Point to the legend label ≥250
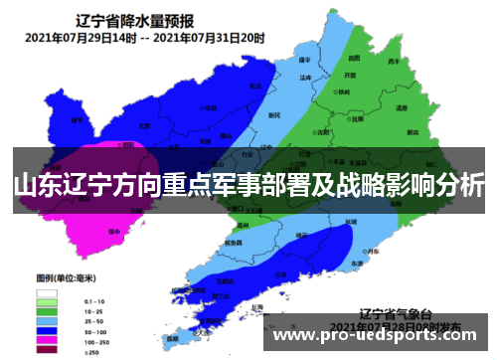coord(92,350)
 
